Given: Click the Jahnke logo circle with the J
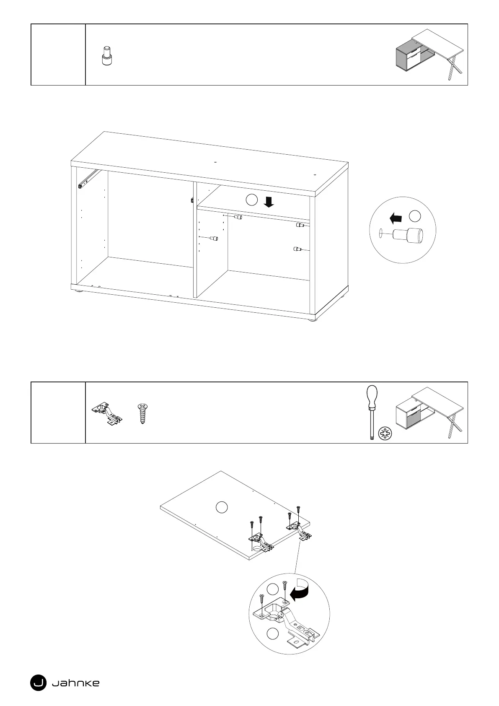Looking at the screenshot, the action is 38,683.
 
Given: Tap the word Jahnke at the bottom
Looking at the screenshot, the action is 75,683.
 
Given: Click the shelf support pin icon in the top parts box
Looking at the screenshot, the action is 108,56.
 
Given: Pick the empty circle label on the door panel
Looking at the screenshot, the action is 222,507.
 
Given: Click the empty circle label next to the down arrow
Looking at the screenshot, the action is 251,200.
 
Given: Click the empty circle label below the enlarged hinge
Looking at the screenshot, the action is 273,634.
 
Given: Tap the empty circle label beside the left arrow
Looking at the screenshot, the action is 414,216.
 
